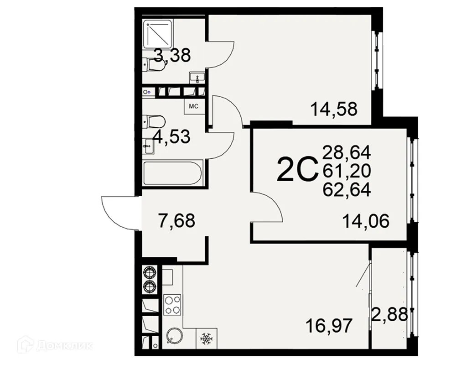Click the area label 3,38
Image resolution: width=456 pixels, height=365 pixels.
click(x=172, y=56)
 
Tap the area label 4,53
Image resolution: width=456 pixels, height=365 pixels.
click(x=171, y=137)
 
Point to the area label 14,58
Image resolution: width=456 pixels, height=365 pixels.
click(x=333, y=110)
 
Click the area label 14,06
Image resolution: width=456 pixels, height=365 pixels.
click(x=366, y=222)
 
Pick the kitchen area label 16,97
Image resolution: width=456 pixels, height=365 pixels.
click(x=329, y=327)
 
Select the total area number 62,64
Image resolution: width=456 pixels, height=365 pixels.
click(x=347, y=189)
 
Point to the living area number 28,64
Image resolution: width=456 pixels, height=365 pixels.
click(x=347, y=152)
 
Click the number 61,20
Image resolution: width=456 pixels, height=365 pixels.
click(x=347, y=171)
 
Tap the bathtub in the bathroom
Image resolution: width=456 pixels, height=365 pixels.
click(x=173, y=174)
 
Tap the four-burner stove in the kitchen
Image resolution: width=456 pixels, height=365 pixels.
click(x=172, y=305)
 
